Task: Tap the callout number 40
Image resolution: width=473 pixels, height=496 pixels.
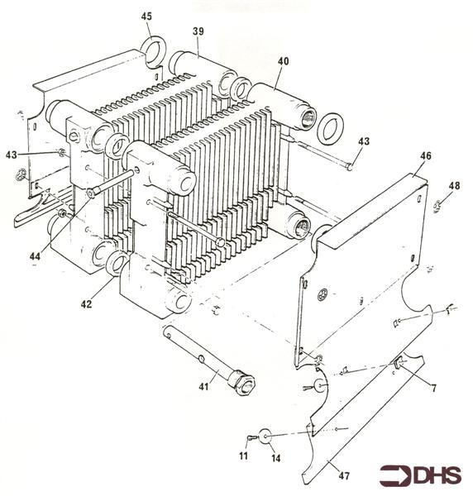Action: point(283,61)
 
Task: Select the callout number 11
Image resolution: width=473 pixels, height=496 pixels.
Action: point(243,456)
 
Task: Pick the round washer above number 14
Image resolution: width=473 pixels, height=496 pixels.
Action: point(267,436)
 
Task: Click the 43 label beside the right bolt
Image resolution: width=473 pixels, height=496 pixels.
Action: point(362,141)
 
